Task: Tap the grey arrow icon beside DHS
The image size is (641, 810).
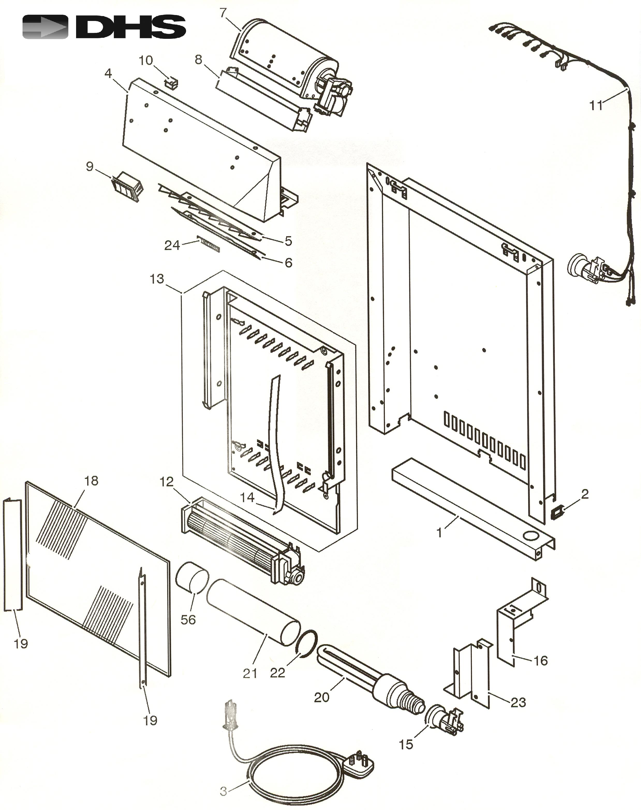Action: [x=45, y=27]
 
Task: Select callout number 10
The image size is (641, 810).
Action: [x=146, y=60]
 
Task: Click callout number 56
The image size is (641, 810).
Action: [x=188, y=619]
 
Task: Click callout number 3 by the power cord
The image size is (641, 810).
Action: [x=224, y=792]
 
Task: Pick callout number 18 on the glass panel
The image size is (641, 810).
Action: [x=91, y=481]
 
